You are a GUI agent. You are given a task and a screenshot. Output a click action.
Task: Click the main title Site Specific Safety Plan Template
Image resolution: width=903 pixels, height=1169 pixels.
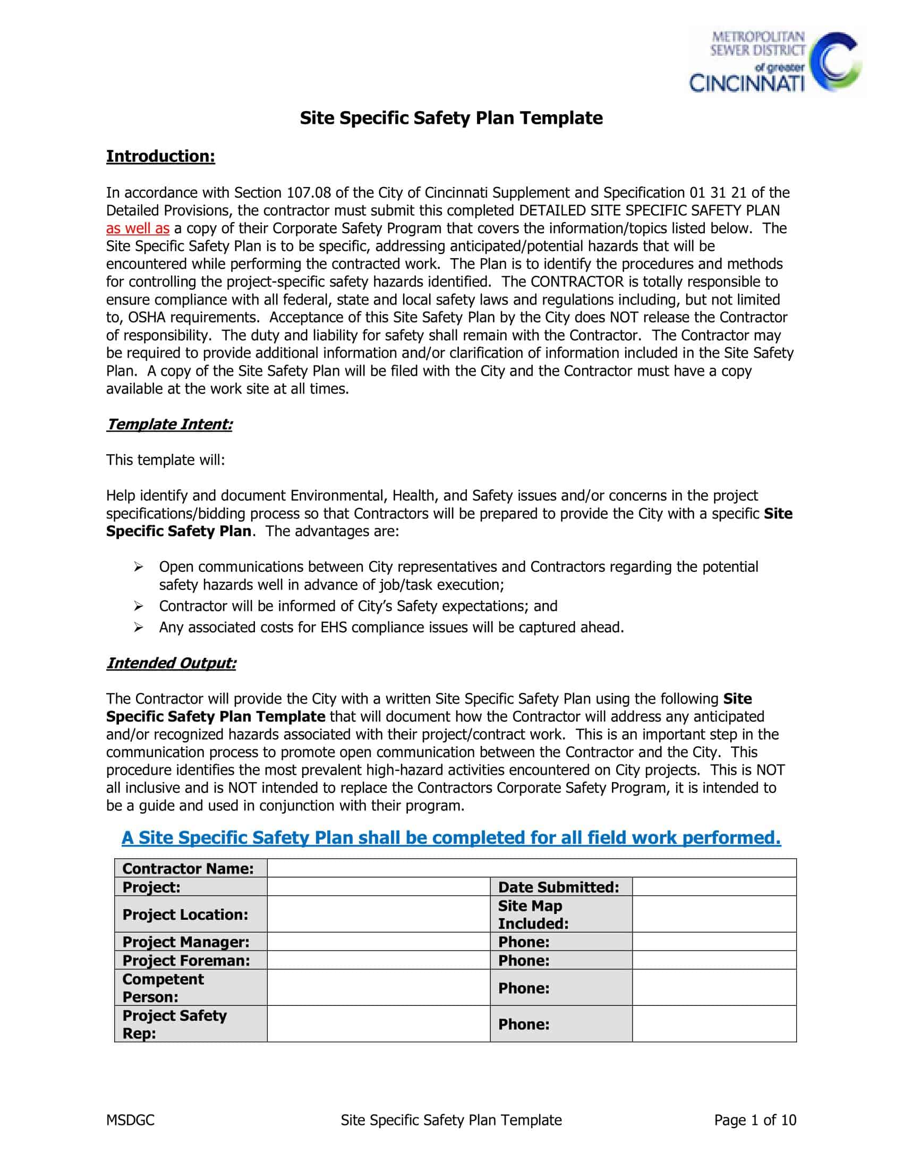(x=451, y=118)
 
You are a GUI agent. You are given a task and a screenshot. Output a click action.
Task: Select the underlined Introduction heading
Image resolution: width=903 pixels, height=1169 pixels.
(x=160, y=156)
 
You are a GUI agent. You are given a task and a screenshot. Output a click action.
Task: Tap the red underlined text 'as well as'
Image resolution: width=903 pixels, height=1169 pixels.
(x=138, y=228)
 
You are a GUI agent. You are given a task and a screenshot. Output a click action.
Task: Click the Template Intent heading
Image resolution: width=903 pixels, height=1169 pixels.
(x=169, y=425)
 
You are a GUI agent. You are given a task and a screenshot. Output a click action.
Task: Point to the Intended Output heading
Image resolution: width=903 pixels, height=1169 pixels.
(x=171, y=663)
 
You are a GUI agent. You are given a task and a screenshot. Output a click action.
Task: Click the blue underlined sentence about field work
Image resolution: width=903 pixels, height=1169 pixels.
(x=451, y=837)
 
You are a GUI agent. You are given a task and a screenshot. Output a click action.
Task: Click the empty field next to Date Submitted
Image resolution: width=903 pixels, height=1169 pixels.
(x=713, y=887)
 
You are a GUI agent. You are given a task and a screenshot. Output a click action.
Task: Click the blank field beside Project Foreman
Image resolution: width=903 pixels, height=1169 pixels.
(x=378, y=960)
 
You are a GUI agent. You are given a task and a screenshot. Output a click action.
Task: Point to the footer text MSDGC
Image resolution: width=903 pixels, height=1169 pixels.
(x=130, y=1120)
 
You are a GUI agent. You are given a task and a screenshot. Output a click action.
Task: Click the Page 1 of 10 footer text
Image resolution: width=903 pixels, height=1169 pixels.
(x=755, y=1120)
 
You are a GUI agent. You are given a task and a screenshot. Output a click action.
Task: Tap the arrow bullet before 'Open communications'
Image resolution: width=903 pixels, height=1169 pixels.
(x=139, y=567)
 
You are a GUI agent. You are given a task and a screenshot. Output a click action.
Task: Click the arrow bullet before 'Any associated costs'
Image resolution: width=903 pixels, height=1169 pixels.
(x=139, y=628)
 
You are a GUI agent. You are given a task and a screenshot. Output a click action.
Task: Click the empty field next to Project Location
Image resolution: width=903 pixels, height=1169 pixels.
(x=378, y=914)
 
